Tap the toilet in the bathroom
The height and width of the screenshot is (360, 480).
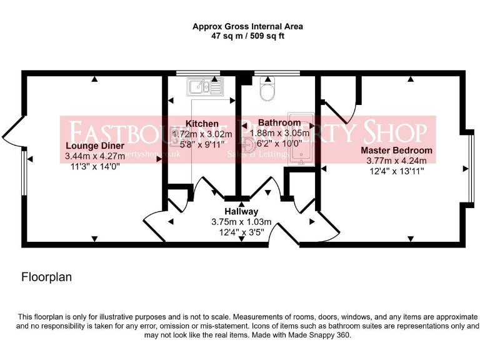point(267,91)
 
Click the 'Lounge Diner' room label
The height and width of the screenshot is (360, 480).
point(92,146)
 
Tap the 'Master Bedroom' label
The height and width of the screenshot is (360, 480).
point(396,151)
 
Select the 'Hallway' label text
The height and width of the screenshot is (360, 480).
point(241,212)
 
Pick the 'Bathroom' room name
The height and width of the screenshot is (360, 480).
point(279,122)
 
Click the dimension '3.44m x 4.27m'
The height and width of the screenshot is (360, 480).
point(92,156)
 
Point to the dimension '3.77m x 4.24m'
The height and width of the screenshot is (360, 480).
point(396,161)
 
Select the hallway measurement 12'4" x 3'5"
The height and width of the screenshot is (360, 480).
point(241,232)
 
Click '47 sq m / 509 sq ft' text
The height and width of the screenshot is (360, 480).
point(247,36)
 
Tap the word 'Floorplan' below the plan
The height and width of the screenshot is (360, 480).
point(47,276)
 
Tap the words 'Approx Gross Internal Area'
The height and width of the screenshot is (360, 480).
point(247,26)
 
